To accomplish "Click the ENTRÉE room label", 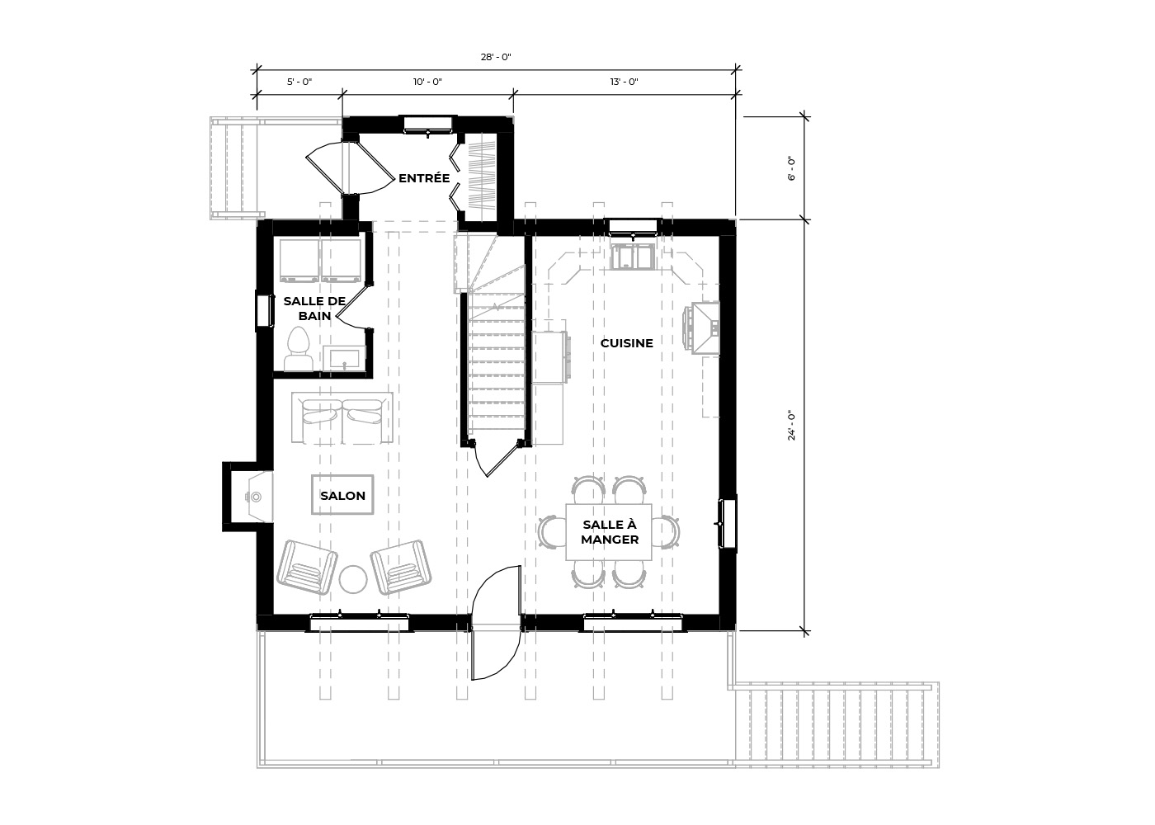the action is coord(424,178).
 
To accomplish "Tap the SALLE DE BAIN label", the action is coord(314,309).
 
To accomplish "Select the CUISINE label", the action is coord(626,343).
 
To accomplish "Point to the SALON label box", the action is coord(342,495).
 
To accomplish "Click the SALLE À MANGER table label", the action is coord(610,531).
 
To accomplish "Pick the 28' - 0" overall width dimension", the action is coord(496,57).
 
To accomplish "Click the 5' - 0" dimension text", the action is coord(299,82).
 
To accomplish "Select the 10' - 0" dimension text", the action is coord(427,82).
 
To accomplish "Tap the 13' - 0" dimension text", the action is coord(624,82).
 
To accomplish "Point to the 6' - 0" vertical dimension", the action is coord(791,168).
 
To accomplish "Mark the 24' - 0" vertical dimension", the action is coord(791,426).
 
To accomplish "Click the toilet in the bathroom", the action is coord(298,348).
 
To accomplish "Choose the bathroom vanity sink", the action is coord(344,359).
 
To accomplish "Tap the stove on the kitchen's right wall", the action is coord(701,328).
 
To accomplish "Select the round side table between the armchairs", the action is coord(353,579).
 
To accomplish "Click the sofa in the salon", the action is coord(342,417).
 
